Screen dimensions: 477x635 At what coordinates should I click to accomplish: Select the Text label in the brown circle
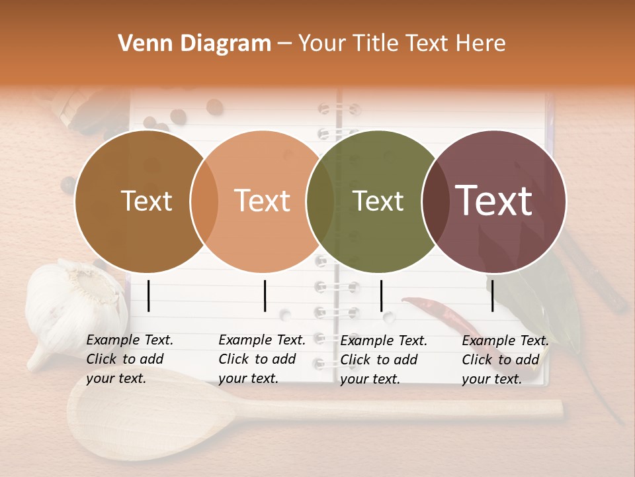(x=147, y=201)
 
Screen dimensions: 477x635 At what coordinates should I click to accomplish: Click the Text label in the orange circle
(x=263, y=201)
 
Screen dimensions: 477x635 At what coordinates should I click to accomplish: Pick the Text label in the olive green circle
(x=378, y=201)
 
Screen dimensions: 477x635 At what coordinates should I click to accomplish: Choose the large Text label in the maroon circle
(x=494, y=201)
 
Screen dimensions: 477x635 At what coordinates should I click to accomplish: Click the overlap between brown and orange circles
(x=204, y=201)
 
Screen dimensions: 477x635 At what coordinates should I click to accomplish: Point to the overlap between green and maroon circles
(x=435, y=201)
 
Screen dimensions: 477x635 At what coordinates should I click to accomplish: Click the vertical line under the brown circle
(x=149, y=295)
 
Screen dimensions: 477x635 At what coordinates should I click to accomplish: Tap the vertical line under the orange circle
(x=265, y=295)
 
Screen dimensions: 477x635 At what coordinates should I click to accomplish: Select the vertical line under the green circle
(x=382, y=295)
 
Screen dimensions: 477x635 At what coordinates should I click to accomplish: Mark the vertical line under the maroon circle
(x=493, y=295)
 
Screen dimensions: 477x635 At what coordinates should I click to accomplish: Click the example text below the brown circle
(x=129, y=359)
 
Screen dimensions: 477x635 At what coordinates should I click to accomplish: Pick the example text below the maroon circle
(x=505, y=360)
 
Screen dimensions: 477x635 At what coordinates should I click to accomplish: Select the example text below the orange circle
(x=261, y=359)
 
